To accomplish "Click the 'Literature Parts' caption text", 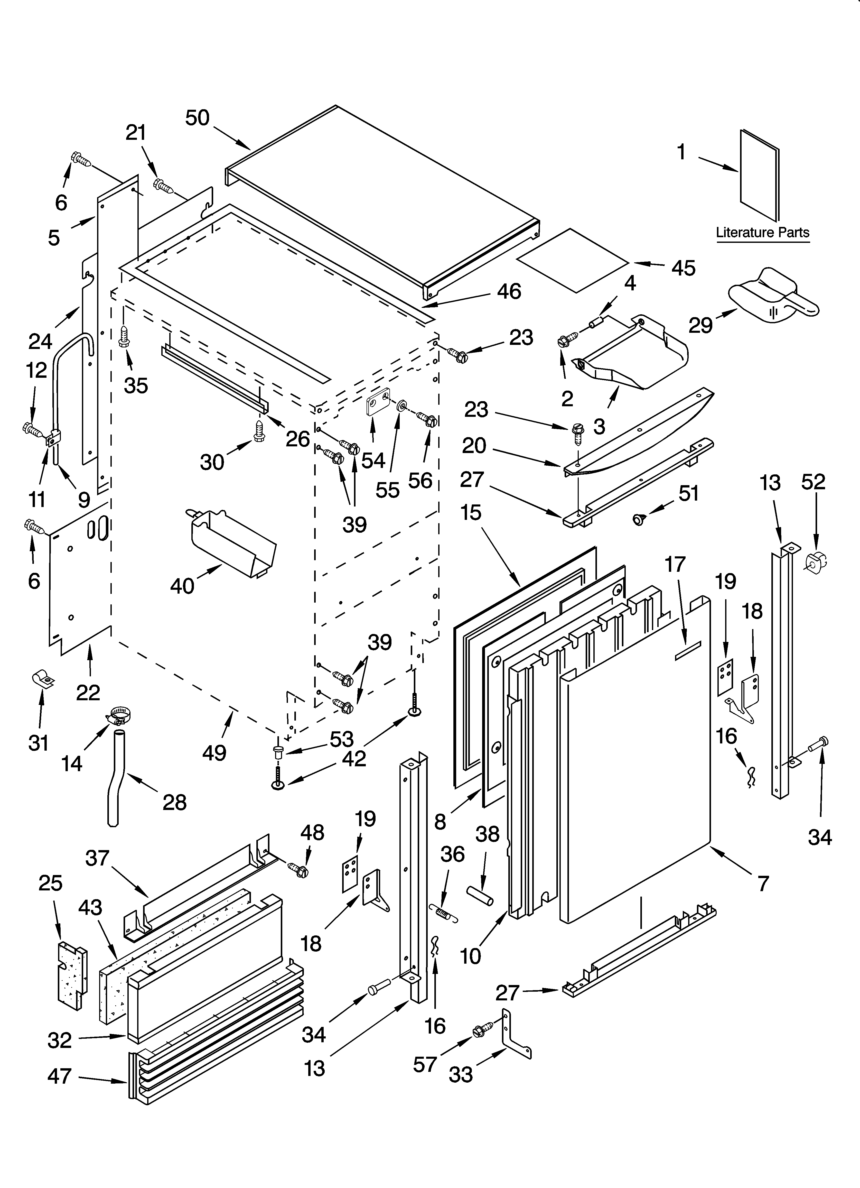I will click(x=763, y=233).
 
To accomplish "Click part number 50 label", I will click(x=198, y=118).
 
